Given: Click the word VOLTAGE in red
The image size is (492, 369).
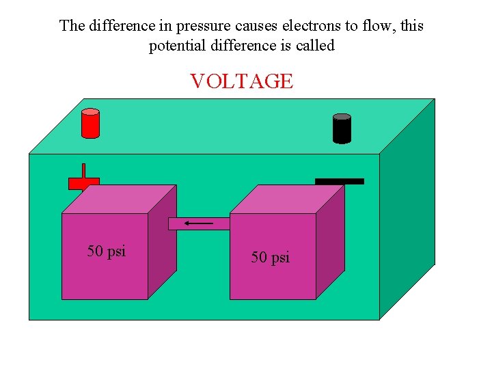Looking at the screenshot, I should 241,81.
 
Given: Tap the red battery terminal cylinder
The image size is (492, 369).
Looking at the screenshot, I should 90,124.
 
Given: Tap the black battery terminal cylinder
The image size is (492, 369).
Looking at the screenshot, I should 342,129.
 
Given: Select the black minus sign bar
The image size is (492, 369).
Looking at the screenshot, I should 340,181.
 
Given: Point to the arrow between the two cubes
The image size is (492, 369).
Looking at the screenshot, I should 199,223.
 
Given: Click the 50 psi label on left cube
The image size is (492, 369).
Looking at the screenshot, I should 107,251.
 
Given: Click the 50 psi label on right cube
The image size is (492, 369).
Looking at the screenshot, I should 271,258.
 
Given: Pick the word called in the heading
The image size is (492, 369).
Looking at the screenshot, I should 314,46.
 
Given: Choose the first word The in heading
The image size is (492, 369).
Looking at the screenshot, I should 72,26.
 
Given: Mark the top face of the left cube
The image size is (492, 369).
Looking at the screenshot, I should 120,199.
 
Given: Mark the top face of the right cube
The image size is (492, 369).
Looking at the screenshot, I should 287,199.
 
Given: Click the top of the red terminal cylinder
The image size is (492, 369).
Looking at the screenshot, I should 90,112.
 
